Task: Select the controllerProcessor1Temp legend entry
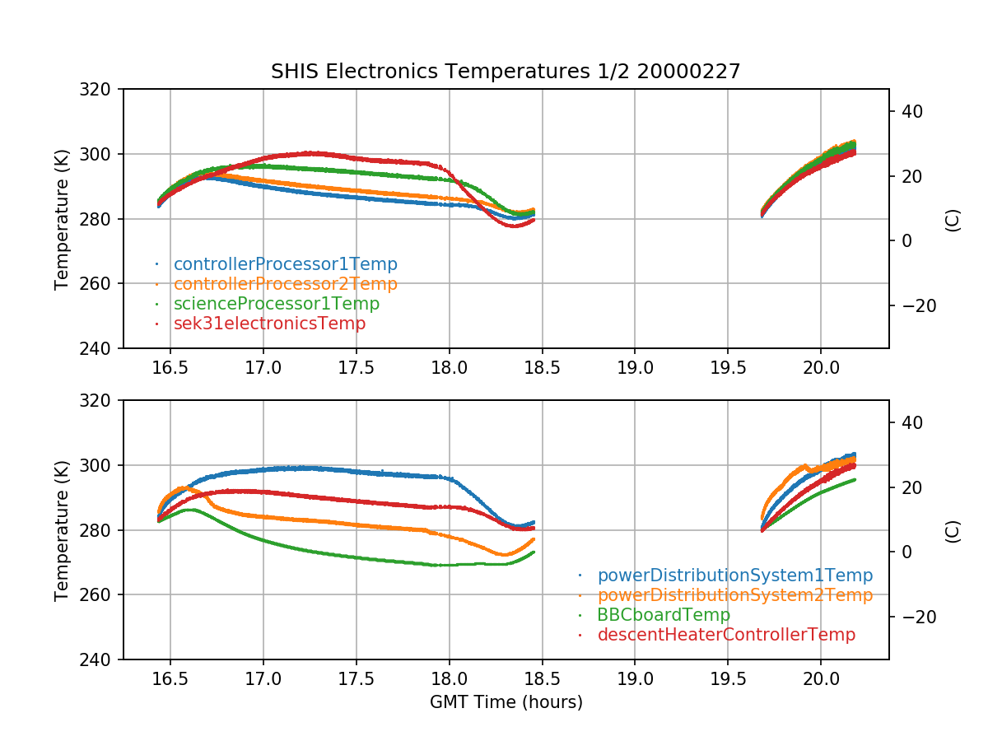tap(285, 264)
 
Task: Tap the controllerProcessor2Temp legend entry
tap(285, 284)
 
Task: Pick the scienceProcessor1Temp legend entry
tap(276, 304)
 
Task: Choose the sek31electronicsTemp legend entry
tap(269, 324)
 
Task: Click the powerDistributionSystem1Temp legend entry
tap(734, 576)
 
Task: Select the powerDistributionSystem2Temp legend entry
tap(734, 595)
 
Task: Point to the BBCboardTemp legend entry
tap(664, 615)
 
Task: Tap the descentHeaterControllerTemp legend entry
tap(726, 635)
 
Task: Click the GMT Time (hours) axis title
tap(506, 702)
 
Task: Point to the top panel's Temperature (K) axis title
tap(62, 218)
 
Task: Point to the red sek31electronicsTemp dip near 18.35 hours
tap(515, 226)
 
